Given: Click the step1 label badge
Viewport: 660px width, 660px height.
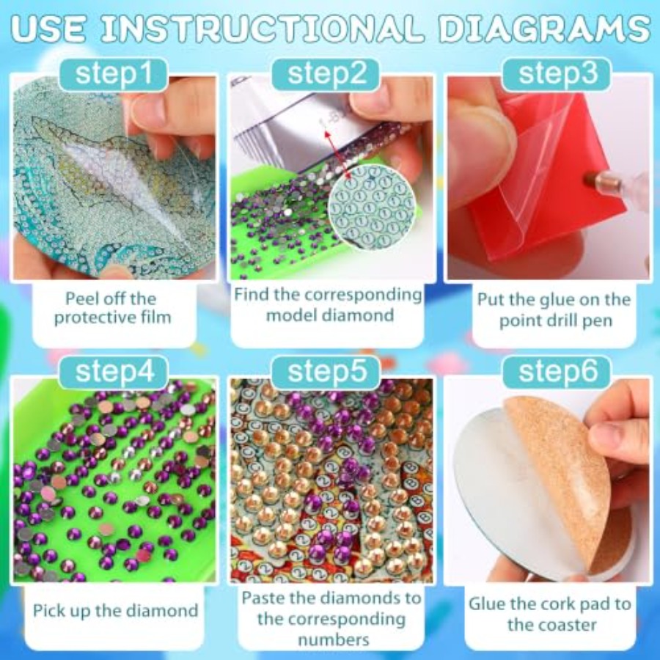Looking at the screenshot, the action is click(114, 74).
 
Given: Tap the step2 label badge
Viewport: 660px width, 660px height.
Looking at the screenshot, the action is click(326, 74).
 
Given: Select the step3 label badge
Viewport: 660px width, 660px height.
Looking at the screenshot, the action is click(557, 74).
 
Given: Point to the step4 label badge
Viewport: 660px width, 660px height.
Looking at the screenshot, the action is click(114, 372).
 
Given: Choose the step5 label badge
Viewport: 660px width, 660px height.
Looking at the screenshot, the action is click(326, 372).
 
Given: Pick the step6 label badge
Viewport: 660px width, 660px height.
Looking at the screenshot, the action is click(557, 372).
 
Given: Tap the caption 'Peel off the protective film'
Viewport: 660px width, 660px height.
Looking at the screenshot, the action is click(113, 308).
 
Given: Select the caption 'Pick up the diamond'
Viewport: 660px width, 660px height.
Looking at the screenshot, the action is click(115, 610).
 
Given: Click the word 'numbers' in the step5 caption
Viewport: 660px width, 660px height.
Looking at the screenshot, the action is click(334, 640).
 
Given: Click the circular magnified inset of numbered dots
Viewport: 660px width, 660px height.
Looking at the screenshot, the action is click(372, 206).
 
